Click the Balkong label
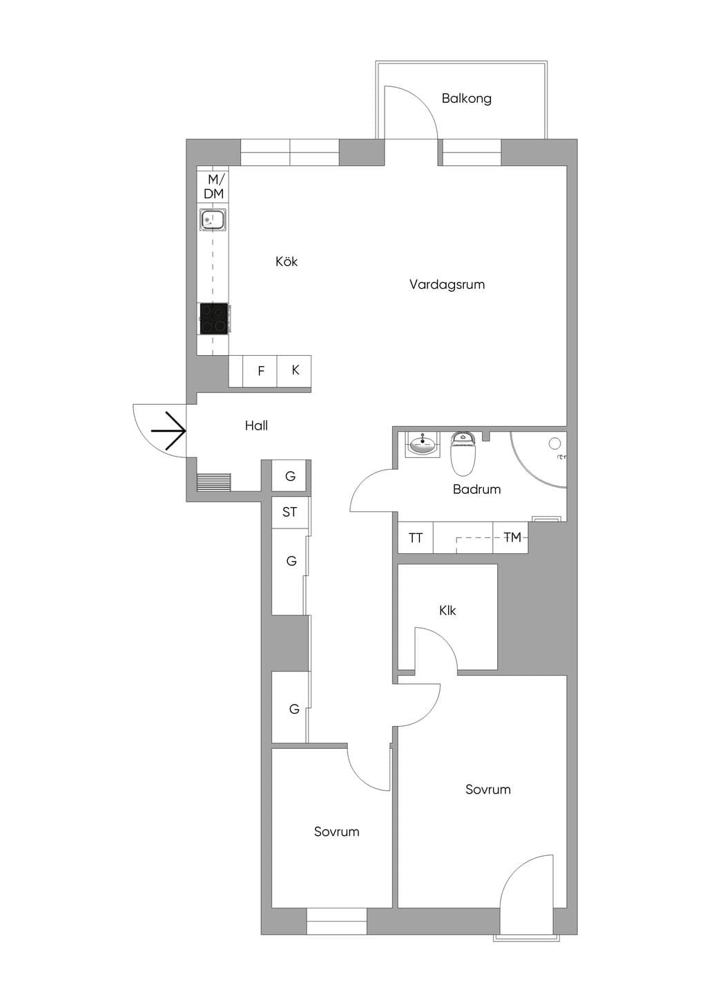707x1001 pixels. click(x=466, y=98)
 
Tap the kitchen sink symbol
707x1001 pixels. click(x=213, y=220)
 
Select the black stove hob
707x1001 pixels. click(x=214, y=318)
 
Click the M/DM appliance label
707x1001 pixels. click(x=214, y=187)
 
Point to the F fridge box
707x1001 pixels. click(x=260, y=370)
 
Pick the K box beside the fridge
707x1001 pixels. click(x=294, y=370)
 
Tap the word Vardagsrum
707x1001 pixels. click(x=447, y=284)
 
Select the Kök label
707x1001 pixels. click(x=287, y=261)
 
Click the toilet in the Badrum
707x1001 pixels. click(x=463, y=453)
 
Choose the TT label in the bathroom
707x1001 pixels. click(x=416, y=537)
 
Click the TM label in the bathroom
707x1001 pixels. click(x=512, y=537)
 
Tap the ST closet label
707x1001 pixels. click(x=289, y=512)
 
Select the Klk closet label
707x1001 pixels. click(x=447, y=611)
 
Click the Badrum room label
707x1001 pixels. click(x=476, y=489)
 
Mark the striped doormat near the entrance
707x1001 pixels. click(x=214, y=482)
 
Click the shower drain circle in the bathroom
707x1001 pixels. click(x=554, y=444)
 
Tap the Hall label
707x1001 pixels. click(x=256, y=426)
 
